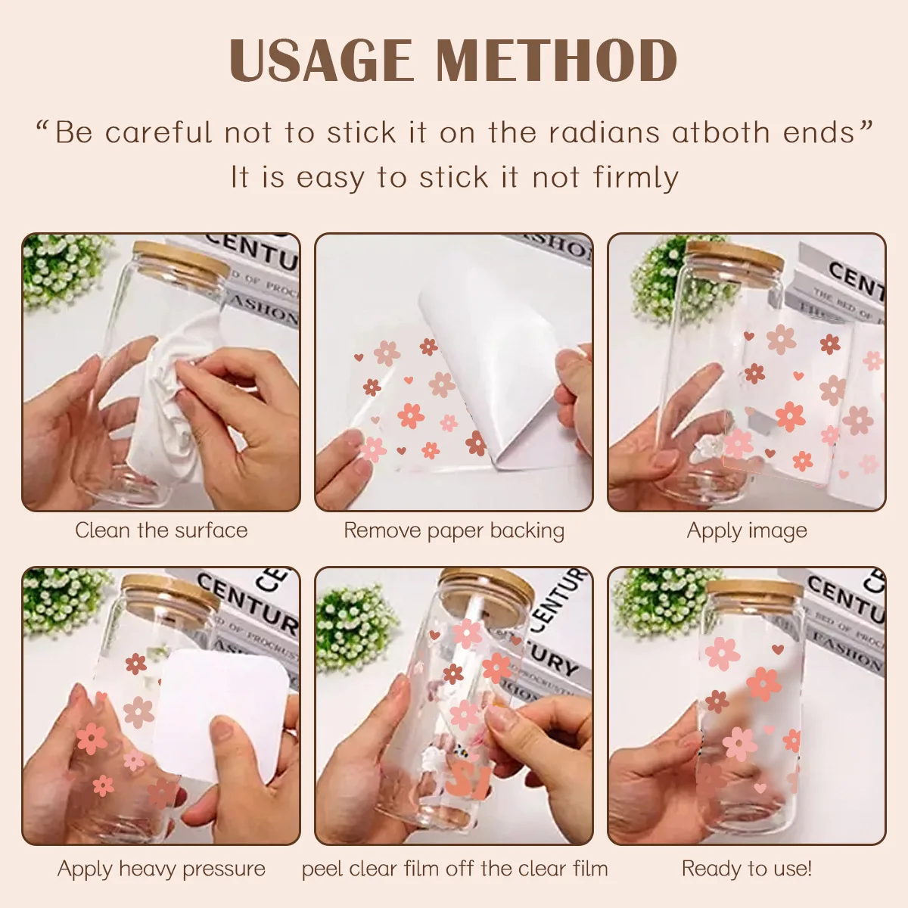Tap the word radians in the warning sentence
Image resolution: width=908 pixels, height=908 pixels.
(x=604, y=133)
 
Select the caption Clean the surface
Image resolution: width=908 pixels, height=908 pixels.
(x=161, y=530)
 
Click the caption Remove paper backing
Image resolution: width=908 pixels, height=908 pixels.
(x=454, y=530)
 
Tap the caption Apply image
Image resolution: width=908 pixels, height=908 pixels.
(x=747, y=530)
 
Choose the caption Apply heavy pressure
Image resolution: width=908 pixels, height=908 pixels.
(x=161, y=869)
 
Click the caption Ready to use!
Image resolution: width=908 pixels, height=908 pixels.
(x=747, y=869)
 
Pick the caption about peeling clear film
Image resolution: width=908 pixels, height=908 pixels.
(x=454, y=869)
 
